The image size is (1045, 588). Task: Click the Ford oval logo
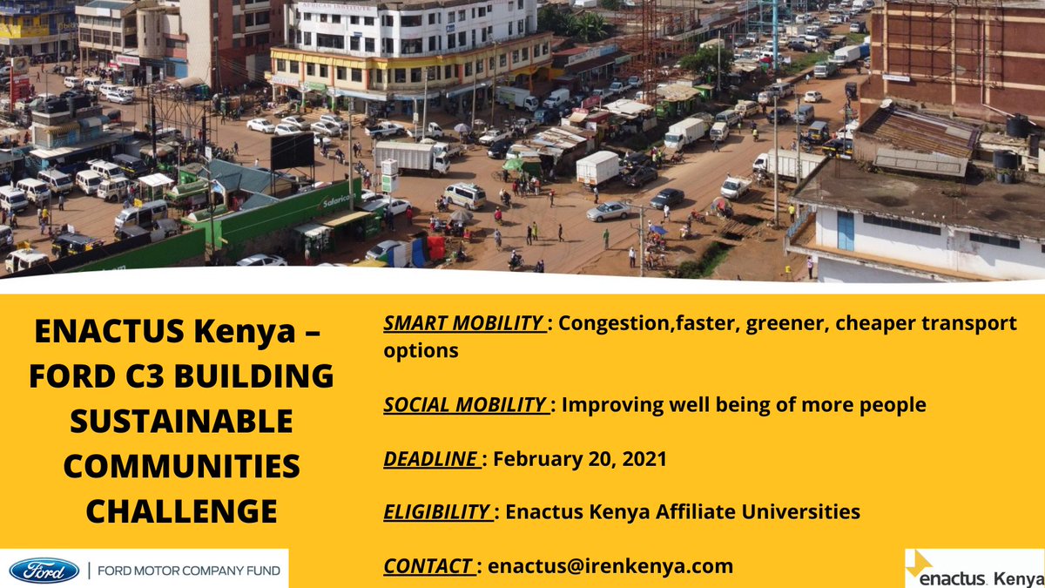point(44,571)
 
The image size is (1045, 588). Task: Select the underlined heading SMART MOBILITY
point(465,323)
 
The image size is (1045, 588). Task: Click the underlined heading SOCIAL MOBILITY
point(467,405)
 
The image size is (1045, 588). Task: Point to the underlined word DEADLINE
point(430,458)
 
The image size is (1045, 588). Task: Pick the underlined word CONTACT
point(430,565)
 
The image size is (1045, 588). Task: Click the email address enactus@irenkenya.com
point(610,565)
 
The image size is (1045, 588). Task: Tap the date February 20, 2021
point(580,458)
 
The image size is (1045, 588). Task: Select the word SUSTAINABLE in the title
point(181,422)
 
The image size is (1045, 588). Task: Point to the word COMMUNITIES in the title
point(181,466)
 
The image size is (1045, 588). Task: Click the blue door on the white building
point(846,230)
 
